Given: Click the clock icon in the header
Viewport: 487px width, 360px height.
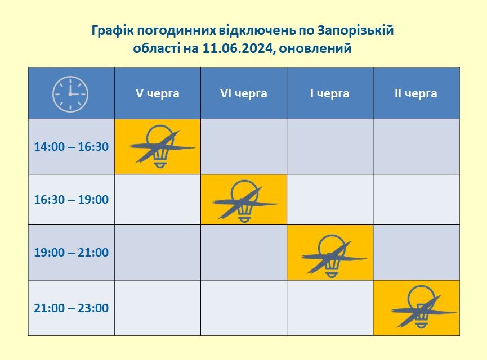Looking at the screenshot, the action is tap(70, 94).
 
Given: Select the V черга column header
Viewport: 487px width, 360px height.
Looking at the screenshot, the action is tap(158, 93).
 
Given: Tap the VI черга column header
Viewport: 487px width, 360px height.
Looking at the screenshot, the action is tap(243, 93).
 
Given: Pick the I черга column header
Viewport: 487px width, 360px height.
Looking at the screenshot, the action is tap(330, 93).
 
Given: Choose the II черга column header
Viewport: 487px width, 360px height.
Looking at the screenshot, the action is tap(416, 93).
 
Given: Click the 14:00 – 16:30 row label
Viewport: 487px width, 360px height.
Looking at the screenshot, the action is tap(72, 146).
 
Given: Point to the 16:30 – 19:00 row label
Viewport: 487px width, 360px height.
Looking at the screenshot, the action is tap(72, 199).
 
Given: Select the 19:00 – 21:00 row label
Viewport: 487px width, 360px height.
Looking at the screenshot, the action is tap(72, 253).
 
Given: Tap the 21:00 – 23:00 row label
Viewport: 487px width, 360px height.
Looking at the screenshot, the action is tap(72, 308).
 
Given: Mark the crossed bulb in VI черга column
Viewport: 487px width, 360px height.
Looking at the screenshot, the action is tap(244, 202).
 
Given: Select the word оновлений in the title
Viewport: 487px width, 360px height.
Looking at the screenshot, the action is tap(315, 48).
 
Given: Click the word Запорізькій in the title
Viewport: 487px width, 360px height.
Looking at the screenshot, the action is tap(356, 31).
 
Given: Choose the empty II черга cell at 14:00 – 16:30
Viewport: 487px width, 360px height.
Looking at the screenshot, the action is tap(416, 146).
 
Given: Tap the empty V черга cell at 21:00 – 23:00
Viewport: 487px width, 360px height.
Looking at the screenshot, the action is tap(158, 308).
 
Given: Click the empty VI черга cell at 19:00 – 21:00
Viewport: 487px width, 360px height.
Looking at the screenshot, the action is tap(244, 253).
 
